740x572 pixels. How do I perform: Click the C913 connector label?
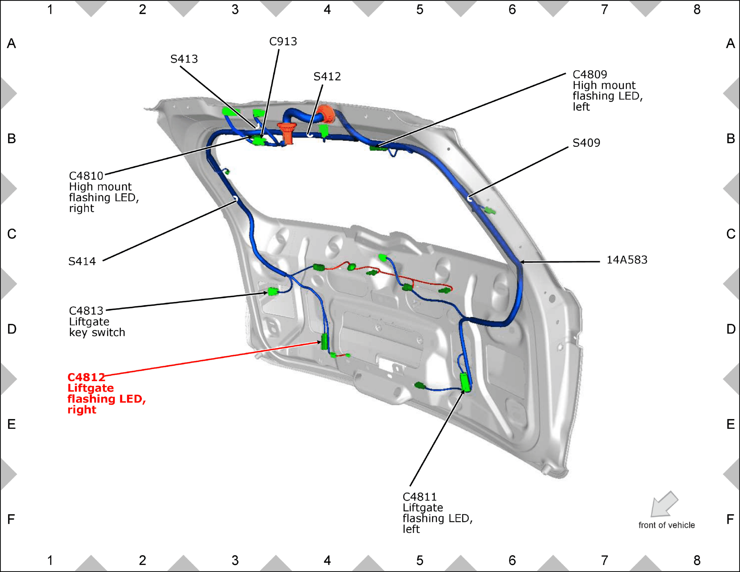(x=283, y=42)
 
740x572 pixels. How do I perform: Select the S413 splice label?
(x=184, y=59)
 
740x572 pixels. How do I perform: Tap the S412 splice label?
(x=327, y=76)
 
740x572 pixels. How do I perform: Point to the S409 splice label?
(x=586, y=143)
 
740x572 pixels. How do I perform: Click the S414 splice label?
(x=82, y=261)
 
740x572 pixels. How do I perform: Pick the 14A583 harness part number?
(x=627, y=260)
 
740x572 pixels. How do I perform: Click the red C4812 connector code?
(x=86, y=377)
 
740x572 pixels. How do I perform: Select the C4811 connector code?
(x=420, y=497)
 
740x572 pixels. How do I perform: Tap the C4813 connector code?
(x=86, y=310)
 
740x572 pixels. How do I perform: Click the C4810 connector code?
(x=86, y=176)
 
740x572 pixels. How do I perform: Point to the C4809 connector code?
(x=590, y=74)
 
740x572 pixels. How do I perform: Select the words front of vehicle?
(x=667, y=525)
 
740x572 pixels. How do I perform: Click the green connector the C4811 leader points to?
(x=465, y=382)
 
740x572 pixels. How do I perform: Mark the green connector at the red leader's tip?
(x=324, y=342)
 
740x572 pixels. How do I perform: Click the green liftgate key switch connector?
(x=273, y=291)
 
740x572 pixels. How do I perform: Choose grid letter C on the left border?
(x=11, y=234)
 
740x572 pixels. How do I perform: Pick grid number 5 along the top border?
(x=420, y=10)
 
